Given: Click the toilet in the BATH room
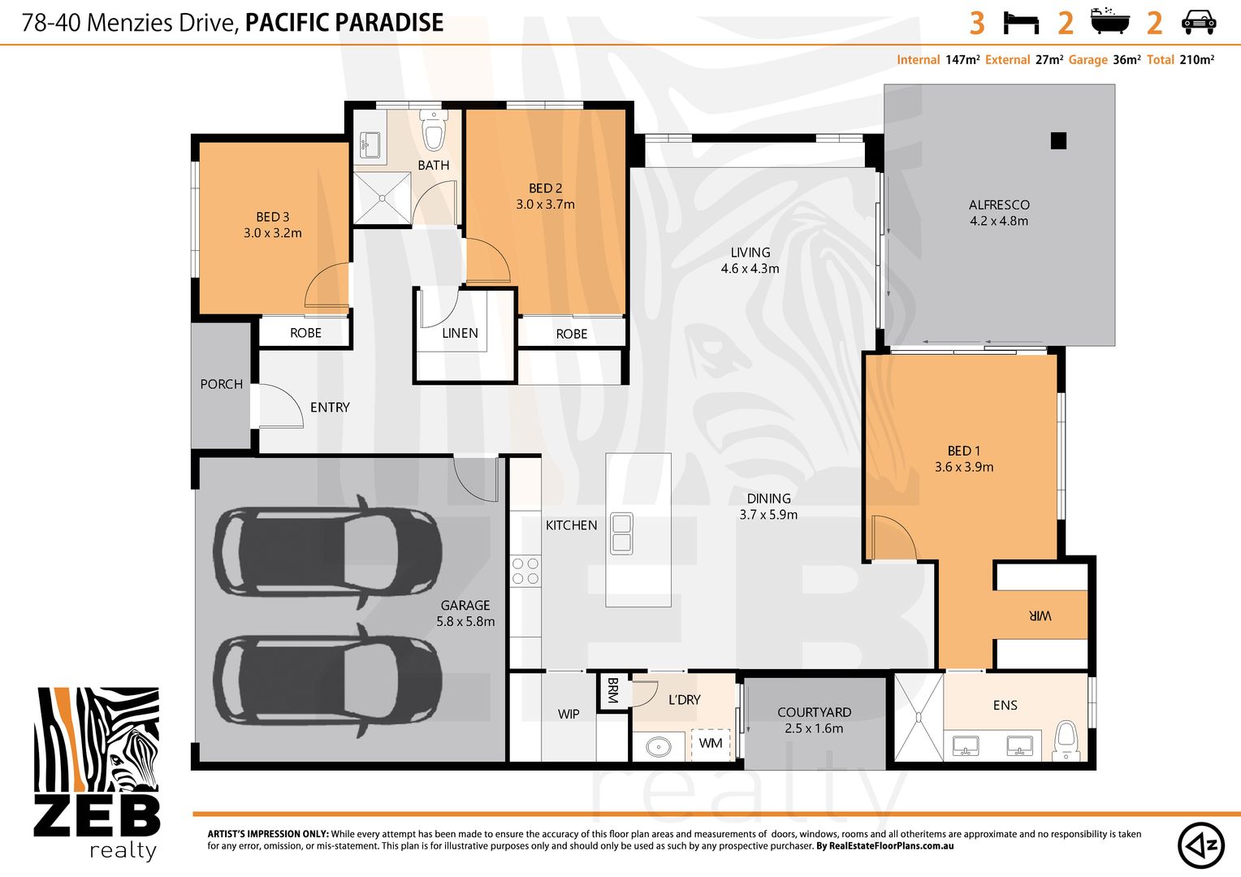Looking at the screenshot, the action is click(433, 130).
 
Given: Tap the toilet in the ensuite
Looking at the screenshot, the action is click(1066, 740).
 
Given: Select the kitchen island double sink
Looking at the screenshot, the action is click(621, 534).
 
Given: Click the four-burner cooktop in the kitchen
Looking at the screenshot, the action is click(525, 571).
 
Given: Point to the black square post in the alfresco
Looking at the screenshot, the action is click(1058, 140).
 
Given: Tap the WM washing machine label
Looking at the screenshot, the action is click(711, 742).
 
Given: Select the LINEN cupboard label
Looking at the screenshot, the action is click(460, 333).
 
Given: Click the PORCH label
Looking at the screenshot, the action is click(221, 384).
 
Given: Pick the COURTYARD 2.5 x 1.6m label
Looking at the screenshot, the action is click(814, 720).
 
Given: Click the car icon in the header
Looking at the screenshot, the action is click(1198, 23).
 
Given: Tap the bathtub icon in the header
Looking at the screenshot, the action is click(1109, 21).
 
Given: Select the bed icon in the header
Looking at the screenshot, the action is click(1021, 24).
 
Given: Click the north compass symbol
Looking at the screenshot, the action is click(1201, 845).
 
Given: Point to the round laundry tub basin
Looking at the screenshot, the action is click(659, 747).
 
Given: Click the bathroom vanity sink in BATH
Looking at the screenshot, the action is click(370, 145).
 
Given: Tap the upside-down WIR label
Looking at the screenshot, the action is click(1040, 616).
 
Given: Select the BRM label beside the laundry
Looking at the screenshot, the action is click(612, 690).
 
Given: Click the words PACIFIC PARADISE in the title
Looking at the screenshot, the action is click(344, 23).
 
